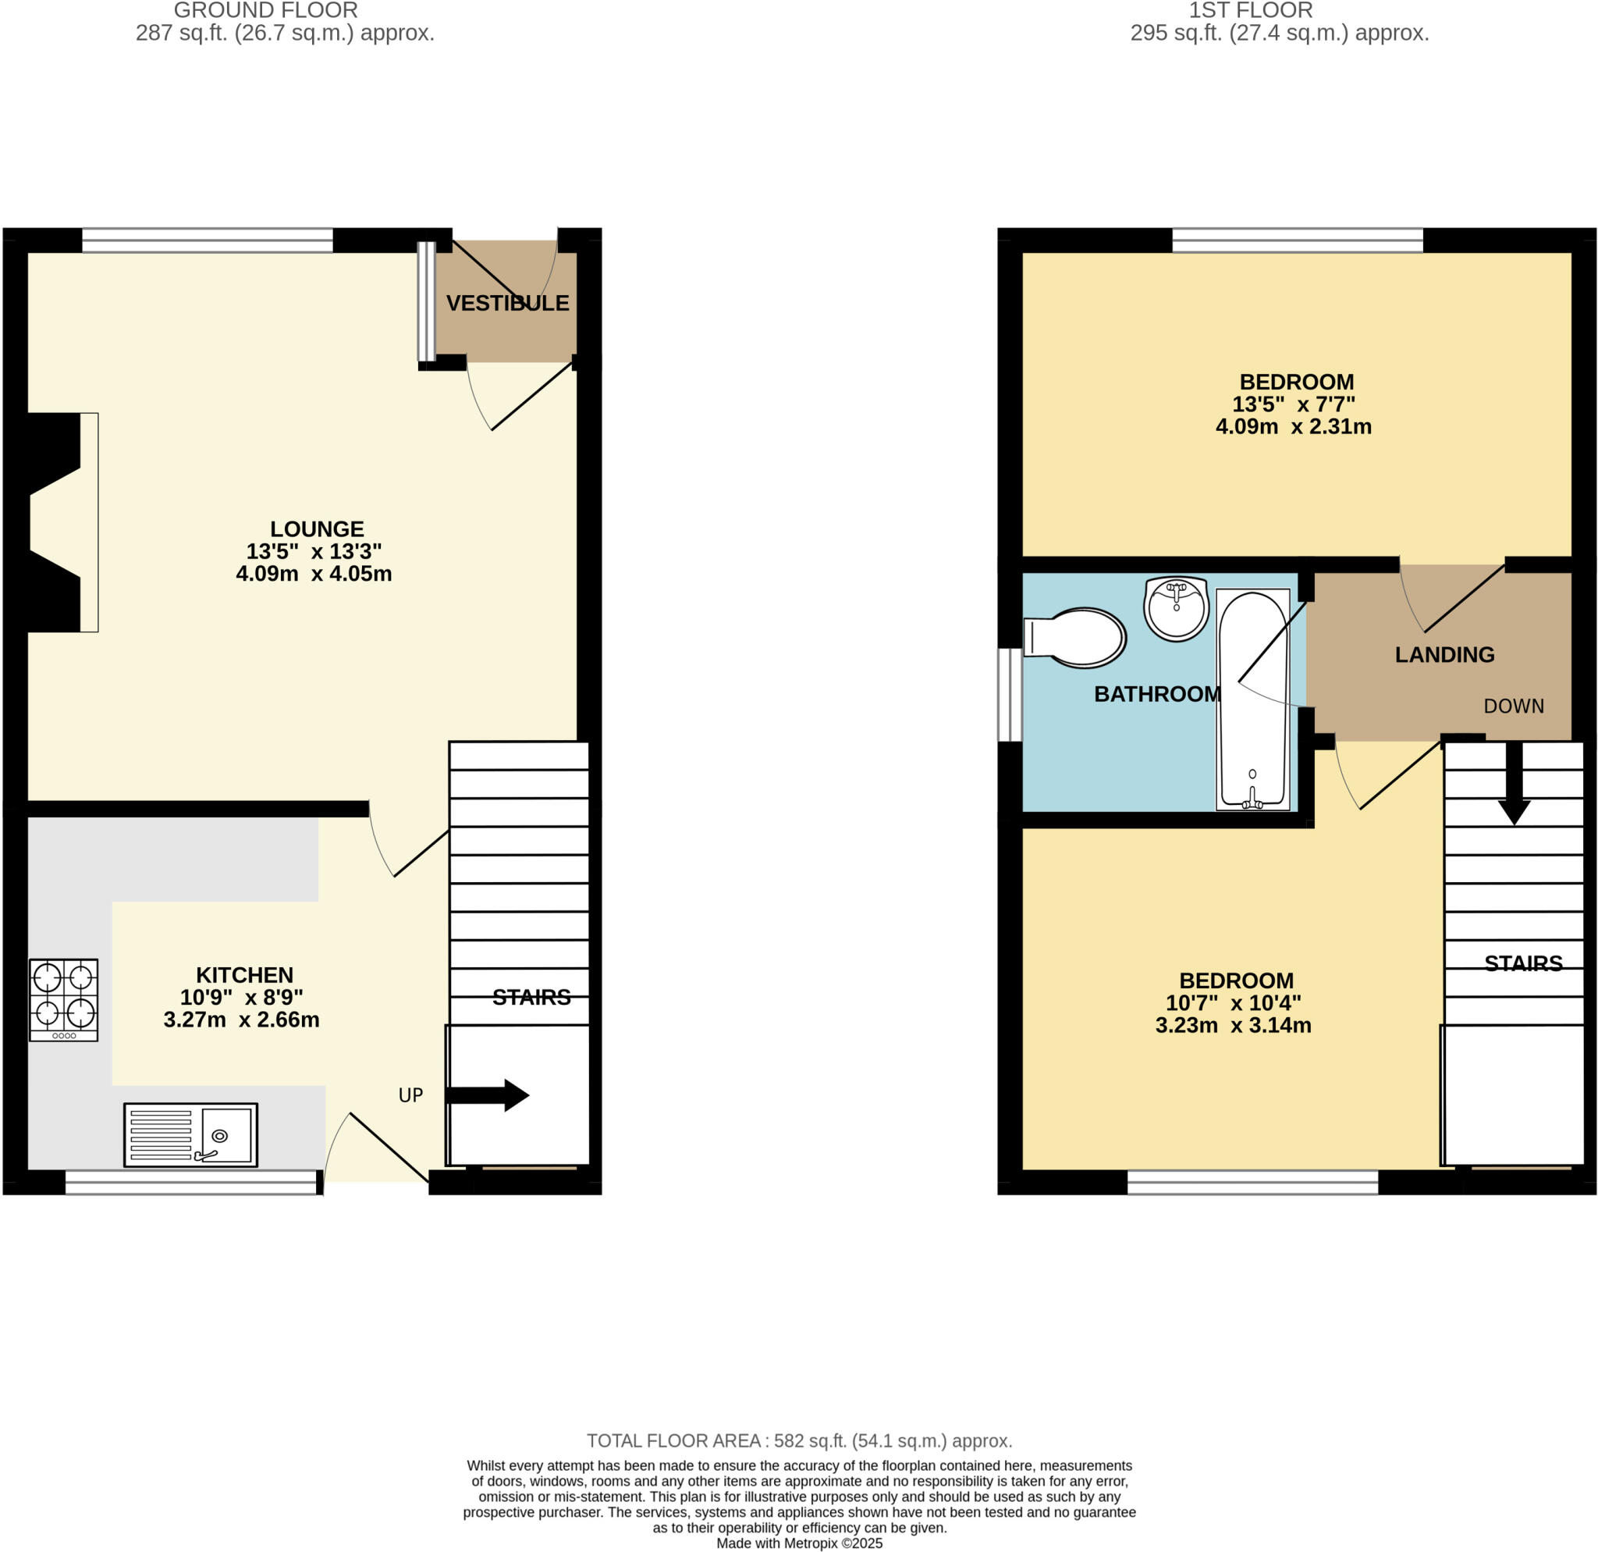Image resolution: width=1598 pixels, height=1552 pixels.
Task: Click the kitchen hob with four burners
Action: (x=64, y=999)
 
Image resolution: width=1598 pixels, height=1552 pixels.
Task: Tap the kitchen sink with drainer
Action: (x=191, y=1134)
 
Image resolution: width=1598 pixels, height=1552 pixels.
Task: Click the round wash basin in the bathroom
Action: (x=1176, y=608)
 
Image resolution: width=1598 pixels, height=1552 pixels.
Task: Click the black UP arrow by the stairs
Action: (x=488, y=1095)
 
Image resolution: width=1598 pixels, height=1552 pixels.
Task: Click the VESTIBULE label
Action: (x=507, y=304)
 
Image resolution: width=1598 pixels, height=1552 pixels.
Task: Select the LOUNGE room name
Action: (x=317, y=529)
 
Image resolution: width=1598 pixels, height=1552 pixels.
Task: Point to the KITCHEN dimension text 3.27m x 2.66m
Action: (x=241, y=1020)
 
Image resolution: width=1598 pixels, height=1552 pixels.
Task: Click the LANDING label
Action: (x=1444, y=655)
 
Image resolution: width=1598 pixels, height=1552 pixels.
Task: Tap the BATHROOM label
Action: (x=1157, y=694)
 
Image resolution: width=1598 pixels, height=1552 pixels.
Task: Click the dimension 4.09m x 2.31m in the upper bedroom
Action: (x=1293, y=426)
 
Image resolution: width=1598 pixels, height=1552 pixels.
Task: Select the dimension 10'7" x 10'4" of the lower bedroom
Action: (x=1233, y=1003)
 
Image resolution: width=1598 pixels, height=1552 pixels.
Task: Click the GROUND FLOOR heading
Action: (x=266, y=11)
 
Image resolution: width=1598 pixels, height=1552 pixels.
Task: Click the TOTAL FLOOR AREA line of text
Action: (x=799, y=1441)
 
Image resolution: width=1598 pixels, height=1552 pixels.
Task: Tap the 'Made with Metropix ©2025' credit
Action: (x=799, y=1543)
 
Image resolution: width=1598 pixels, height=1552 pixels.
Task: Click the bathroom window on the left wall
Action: (x=1010, y=695)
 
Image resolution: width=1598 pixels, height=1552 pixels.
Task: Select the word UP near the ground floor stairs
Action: (x=411, y=1095)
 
